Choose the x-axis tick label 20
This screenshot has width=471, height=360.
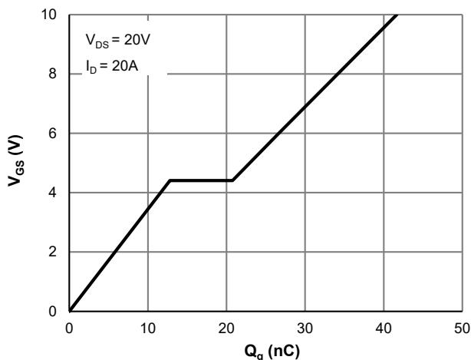point(226,327)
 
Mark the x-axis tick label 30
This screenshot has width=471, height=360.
point(305,327)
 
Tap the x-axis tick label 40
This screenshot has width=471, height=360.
point(384,327)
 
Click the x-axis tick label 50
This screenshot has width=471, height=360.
point(462,327)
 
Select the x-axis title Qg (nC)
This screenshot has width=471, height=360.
point(265,348)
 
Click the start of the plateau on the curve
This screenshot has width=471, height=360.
point(170,180)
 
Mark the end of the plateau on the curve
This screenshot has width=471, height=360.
point(232,180)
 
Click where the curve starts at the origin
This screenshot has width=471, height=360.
point(69,311)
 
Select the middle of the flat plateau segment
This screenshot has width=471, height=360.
point(201,180)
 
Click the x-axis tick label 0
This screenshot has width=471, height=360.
point(69,327)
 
